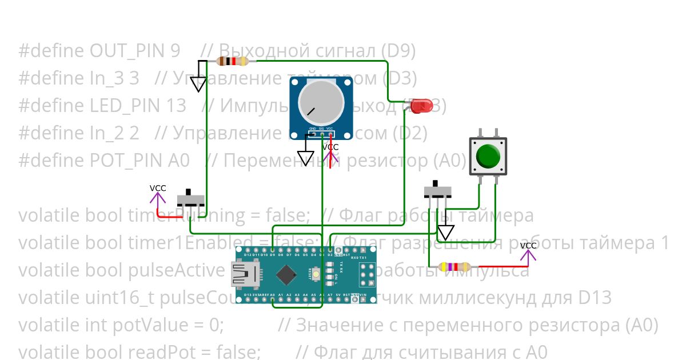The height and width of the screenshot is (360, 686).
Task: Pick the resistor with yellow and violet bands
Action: pyautogui.click(x=454, y=267)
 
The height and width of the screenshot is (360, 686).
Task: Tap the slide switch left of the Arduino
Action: pyautogui.click(x=190, y=199)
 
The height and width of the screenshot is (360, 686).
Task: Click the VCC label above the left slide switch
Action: pyautogui.click(x=158, y=189)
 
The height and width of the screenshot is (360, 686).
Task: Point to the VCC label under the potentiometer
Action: pyautogui.click(x=330, y=147)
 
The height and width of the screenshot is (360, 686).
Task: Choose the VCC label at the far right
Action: pyautogui.click(x=528, y=246)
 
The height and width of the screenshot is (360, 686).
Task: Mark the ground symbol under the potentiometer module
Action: pyautogui.click(x=306, y=157)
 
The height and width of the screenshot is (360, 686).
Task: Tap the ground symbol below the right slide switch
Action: pyautogui.click(x=445, y=232)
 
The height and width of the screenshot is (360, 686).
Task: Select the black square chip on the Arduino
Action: pyautogui.click(x=286, y=275)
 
